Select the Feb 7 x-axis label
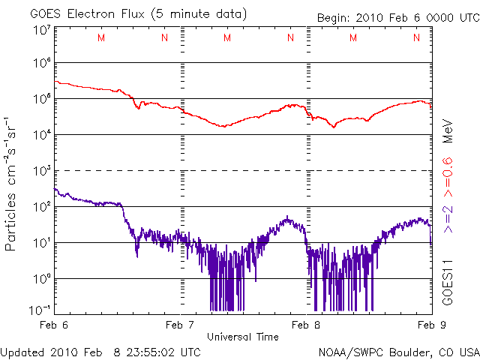click(x=180, y=325)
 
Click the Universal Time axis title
click(x=243, y=337)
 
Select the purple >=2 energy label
click(x=448, y=218)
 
